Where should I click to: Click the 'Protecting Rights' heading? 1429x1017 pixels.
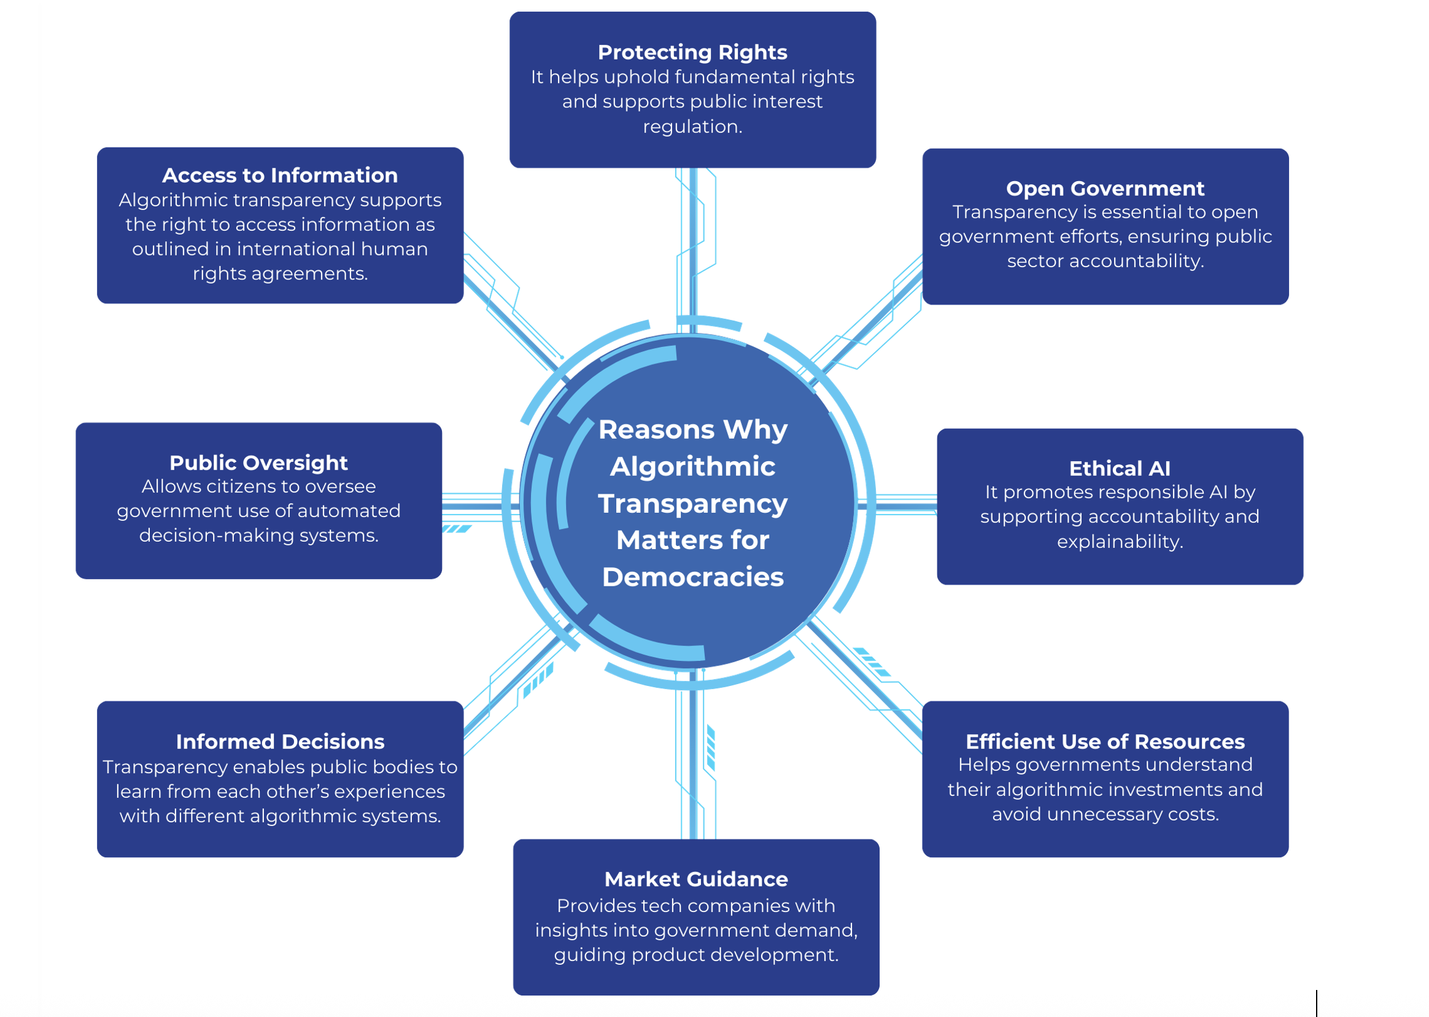pos(692,52)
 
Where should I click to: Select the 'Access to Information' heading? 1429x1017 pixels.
pos(280,176)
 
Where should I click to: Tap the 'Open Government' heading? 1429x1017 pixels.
pos(1104,189)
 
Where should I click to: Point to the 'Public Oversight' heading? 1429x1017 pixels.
pos(258,463)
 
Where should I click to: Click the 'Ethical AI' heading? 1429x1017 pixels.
pos(1119,469)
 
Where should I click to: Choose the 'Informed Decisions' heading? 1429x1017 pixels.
pos(280,741)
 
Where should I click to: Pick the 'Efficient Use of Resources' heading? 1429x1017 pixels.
pos(1104,741)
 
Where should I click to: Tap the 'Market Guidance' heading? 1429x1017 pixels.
pos(695,879)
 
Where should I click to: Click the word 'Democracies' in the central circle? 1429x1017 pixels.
pos(692,577)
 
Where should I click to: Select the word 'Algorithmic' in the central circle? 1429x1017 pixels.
pos(692,467)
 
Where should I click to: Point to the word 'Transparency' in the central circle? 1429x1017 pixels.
pos(692,504)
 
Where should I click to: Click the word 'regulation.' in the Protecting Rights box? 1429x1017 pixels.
pos(692,127)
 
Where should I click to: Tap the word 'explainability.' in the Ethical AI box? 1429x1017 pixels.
pos(1119,541)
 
